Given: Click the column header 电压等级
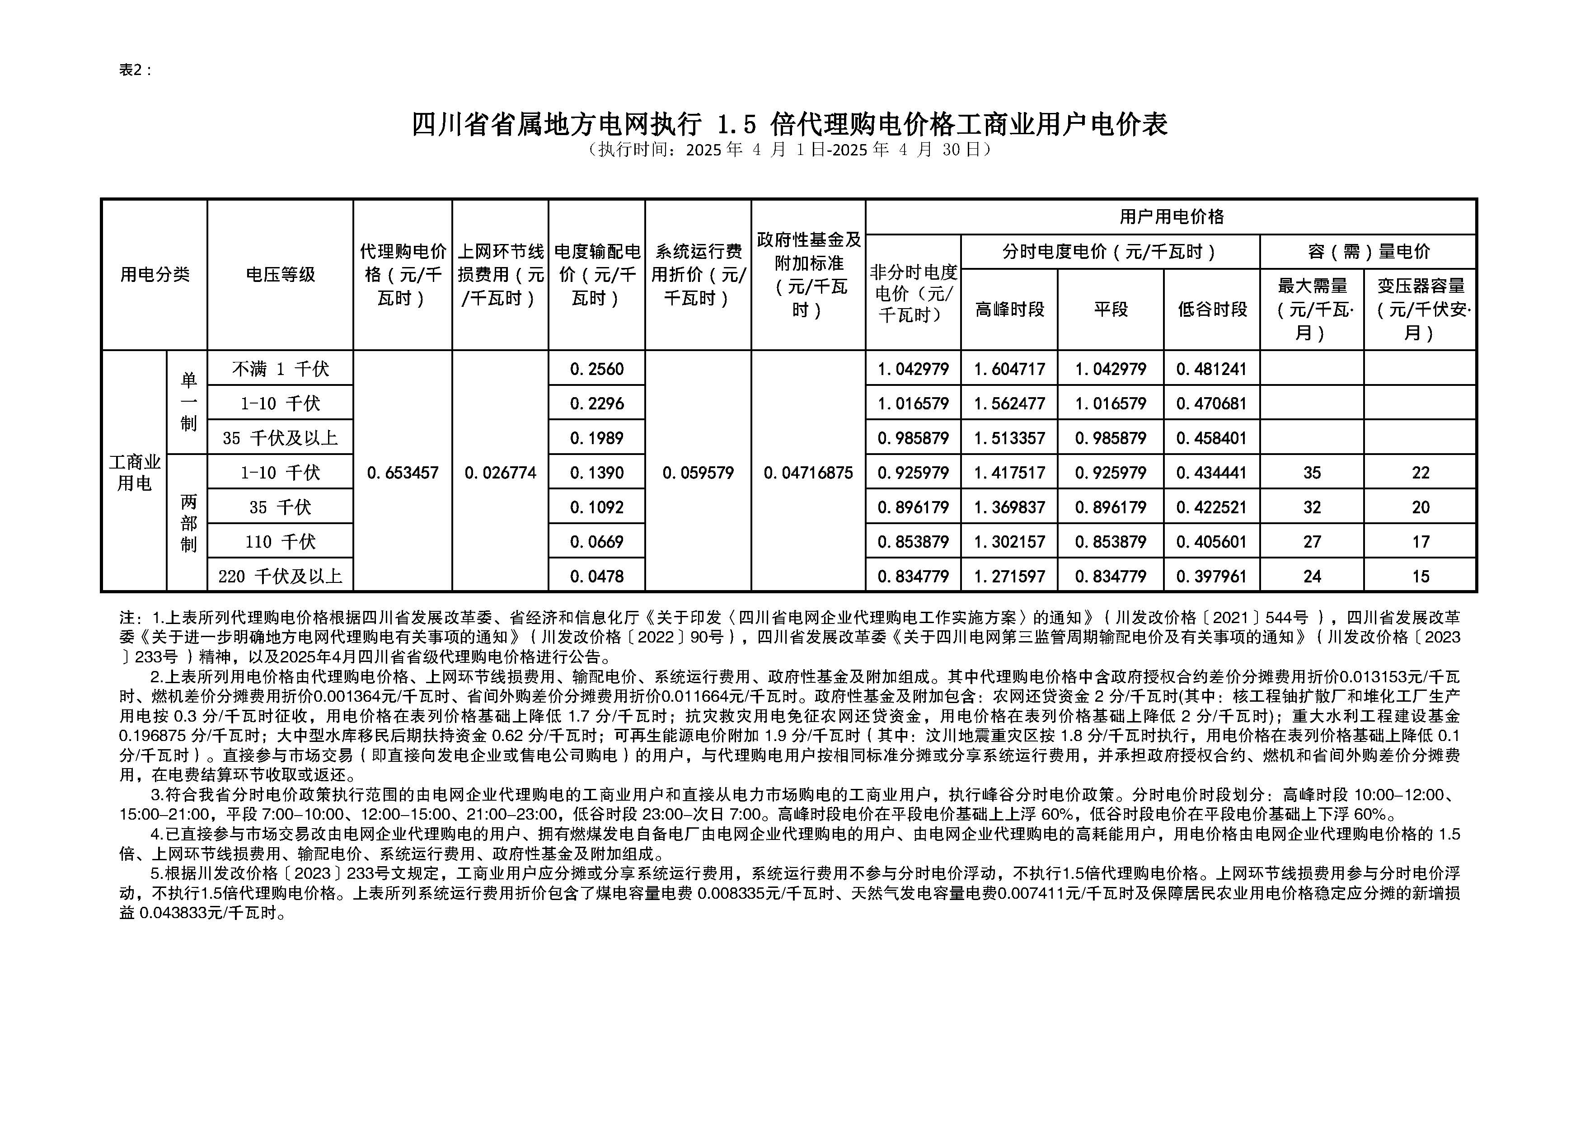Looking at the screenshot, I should coord(280,275).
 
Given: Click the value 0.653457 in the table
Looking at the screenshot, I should coord(403,473).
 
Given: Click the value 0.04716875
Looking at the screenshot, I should coord(808,473).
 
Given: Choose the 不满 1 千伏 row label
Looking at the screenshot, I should coord(280,369).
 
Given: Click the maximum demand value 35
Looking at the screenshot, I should coord(1312,473).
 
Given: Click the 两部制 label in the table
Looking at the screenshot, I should coord(188,523).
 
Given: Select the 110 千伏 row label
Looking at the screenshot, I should coord(280,542).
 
